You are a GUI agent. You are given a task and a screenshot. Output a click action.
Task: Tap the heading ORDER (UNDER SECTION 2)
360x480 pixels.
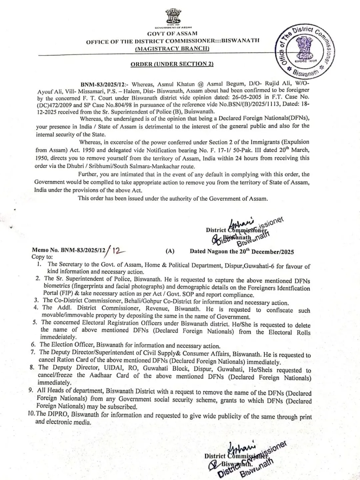pyautogui.click(x=172, y=64)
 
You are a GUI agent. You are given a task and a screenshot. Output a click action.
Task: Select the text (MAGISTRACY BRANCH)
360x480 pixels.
pyautogui.click(x=172, y=48)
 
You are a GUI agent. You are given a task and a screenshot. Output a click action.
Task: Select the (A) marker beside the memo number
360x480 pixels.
pyautogui.click(x=170, y=251)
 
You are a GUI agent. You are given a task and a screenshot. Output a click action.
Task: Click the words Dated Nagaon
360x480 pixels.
pyautogui.click(x=209, y=251)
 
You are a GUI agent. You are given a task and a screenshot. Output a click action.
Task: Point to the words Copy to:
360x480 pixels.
pyautogui.click(x=42, y=257)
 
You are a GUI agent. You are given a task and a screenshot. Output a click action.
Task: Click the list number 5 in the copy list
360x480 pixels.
pyautogui.click(x=35, y=322)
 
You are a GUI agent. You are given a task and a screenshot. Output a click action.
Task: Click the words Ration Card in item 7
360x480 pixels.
pyautogui.click(x=70, y=360)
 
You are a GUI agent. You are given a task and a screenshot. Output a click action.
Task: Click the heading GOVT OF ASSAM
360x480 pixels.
pyautogui.click(x=172, y=33)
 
